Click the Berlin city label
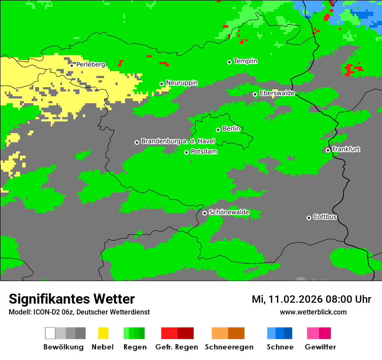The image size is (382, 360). click(231, 129)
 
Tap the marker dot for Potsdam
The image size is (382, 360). click(186, 152)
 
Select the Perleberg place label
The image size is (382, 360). click(90, 65)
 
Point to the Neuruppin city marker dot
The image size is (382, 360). click(161, 84)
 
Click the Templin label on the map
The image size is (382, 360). click(245, 61)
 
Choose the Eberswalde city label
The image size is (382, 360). click(277, 93)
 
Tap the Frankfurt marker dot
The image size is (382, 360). click(328, 150)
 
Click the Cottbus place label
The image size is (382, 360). click(325, 217)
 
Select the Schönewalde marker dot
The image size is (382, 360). click(204, 213)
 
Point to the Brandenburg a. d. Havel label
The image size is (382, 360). click(178, 141)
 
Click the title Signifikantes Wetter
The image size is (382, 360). click(72, 299)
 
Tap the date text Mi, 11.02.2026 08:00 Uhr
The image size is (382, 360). click(311, 299)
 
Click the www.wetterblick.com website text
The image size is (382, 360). click(313, 312)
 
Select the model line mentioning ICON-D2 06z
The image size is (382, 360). click(79, 312)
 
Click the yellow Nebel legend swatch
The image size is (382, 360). click(103, 333)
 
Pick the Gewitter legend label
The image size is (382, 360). click(320, 347)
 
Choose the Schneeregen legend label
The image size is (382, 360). click(229, 347)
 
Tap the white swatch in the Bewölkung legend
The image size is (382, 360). click(50, 333)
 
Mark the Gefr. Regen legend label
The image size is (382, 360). click(177, 347)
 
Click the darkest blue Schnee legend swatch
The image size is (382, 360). click(288, 333)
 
